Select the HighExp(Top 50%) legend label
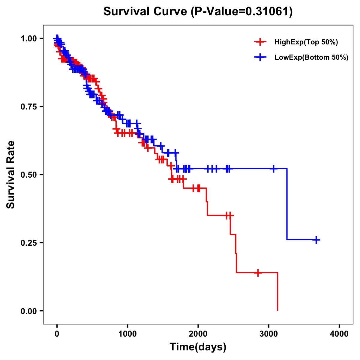[x=306, y=42]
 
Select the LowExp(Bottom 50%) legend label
[x=311, y=58]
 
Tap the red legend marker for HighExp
[x=260, y=42]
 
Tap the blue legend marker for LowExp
[x=260, y=57]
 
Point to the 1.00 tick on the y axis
[x=28, y=38]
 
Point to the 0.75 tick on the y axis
[x=28, y=106]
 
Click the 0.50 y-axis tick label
[x=28, y=175]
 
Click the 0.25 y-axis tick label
[x=28, y=243]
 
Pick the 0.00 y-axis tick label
[x=28, y=311]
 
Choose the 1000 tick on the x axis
[x=127, y=334]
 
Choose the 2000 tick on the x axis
[x=198, y=334]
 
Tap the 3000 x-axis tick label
[x=269, y=334]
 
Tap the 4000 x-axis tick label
[x=339, y=334]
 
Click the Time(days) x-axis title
[x=198, y=347]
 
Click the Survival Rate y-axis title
[x=11, y=175]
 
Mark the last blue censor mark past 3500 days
[x=316, y=240]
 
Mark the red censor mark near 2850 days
[x=258, y=273]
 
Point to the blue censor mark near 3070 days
[x=274, y=169]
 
